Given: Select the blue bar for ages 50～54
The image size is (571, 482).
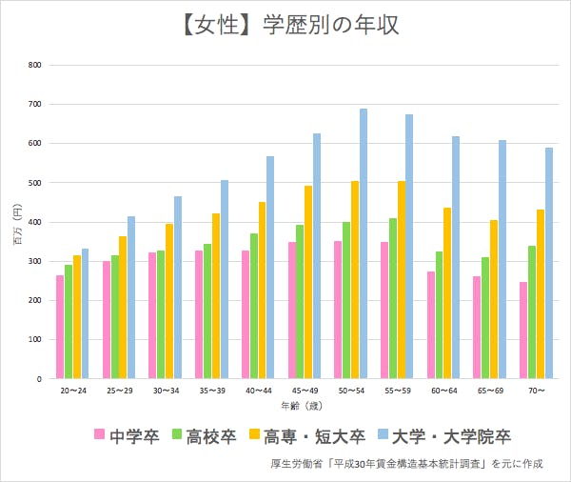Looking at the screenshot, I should pos(364,244).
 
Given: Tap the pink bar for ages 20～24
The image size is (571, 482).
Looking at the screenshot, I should pos(60,327).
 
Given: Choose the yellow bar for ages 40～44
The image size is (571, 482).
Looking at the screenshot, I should pos(262,291).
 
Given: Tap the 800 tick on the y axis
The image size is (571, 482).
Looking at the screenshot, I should pos(35,65).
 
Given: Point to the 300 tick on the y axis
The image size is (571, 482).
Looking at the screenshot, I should pos(35,261).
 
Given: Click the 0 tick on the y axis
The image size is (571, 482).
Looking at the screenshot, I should pos(39,379).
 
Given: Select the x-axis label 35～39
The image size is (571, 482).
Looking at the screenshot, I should pos(211,392).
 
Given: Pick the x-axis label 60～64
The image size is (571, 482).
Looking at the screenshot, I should pos(443,392).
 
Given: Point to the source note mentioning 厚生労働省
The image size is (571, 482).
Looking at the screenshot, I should pos(405,464).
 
